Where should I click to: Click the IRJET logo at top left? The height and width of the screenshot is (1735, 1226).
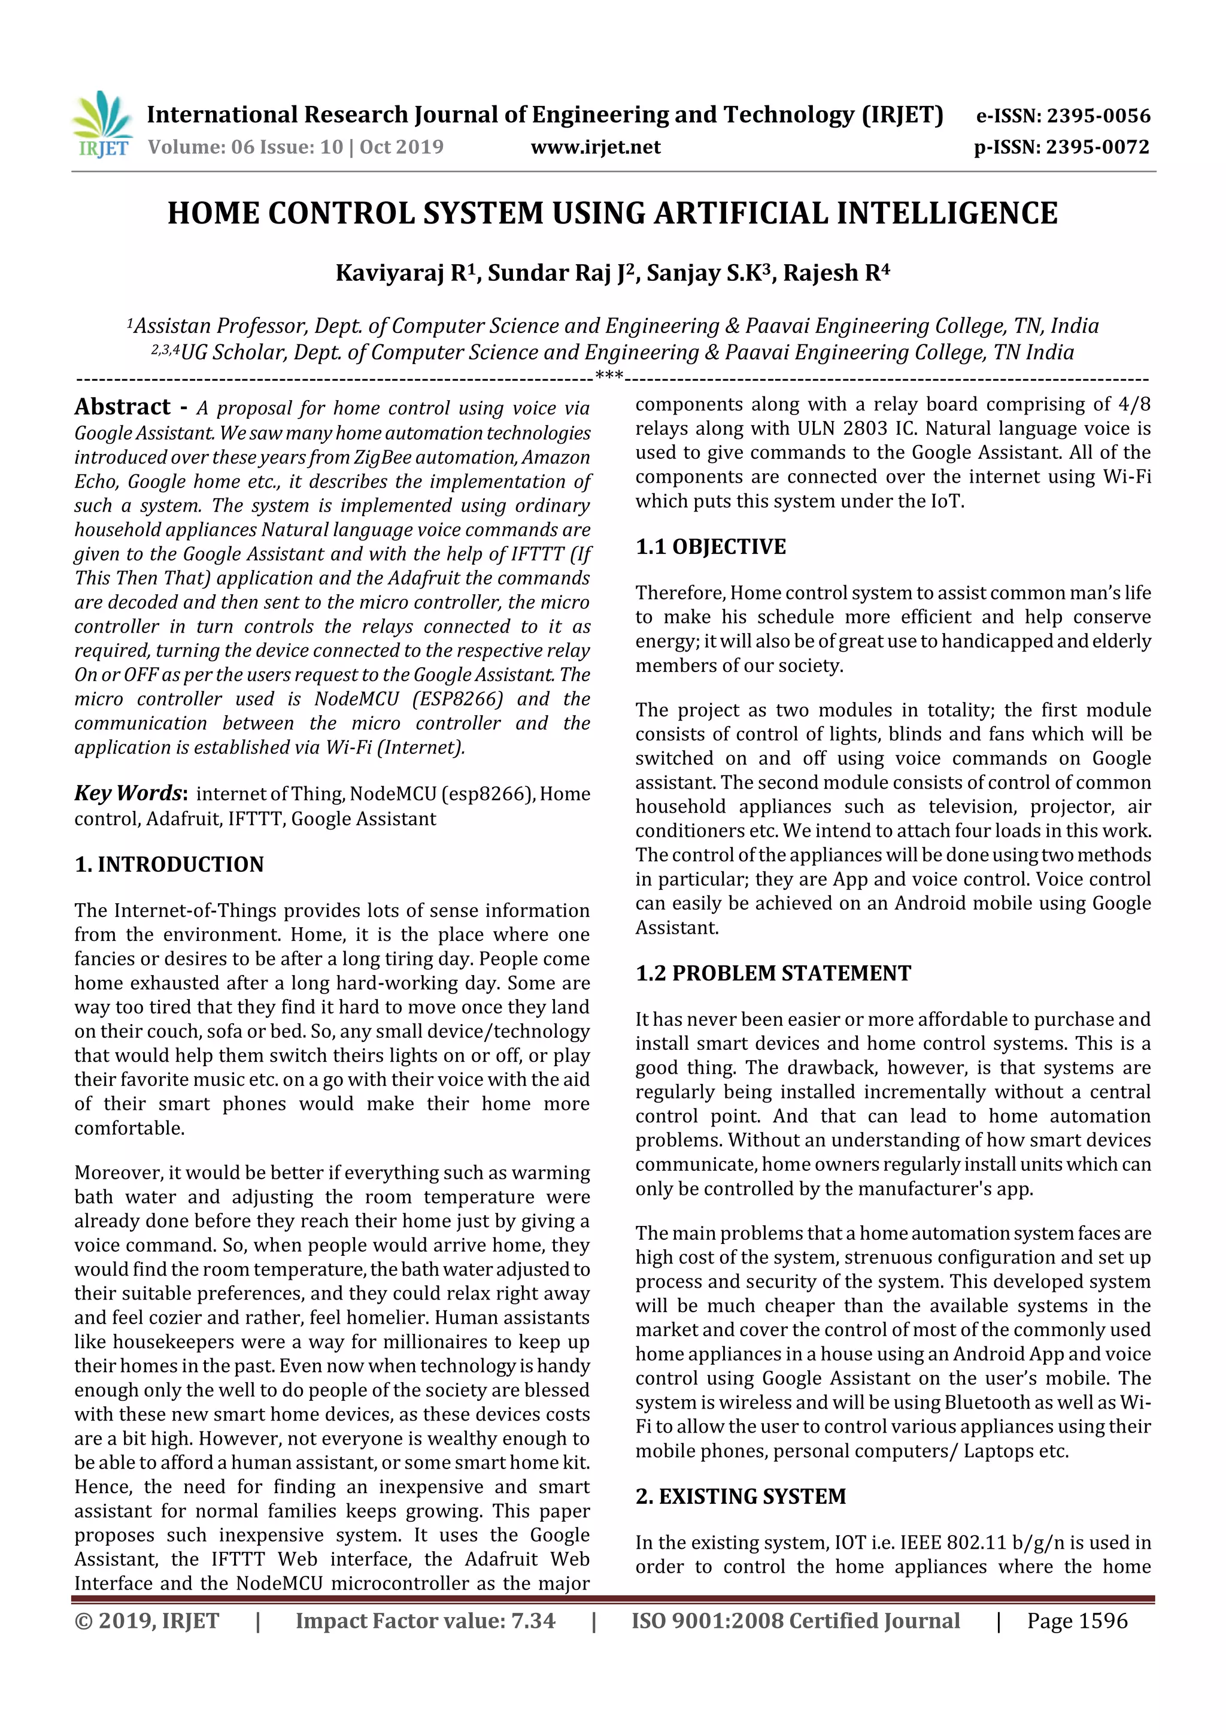pos(102,124)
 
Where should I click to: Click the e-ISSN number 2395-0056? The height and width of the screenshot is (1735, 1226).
pos(1097,116)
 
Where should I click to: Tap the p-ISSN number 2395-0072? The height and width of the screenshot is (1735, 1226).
pos(1097,147)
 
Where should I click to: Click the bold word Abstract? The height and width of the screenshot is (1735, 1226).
pos(122,407)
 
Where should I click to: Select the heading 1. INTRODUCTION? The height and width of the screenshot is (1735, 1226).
pos(169,864)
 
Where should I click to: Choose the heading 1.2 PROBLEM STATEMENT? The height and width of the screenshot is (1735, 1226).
pos(773,973)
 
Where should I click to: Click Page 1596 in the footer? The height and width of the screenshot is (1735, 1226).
pos(1076,1620)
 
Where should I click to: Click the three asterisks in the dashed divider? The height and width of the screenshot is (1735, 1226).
pos(609,376)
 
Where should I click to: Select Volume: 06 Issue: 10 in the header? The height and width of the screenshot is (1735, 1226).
pos(245,147)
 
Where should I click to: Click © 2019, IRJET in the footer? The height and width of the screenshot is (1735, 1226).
pos(147,1620)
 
